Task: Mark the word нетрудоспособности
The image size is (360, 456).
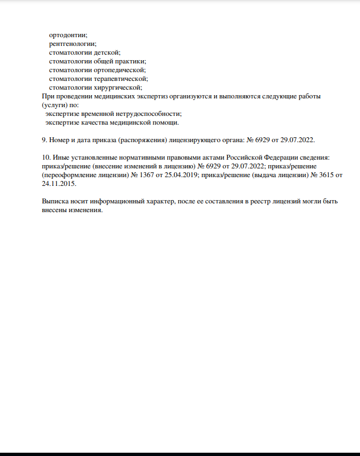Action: tap(146, 114)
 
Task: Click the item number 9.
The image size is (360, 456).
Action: tap(45, 140)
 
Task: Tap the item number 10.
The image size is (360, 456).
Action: tap(46, 157)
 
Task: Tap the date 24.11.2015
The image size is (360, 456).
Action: tap(59, 184)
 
